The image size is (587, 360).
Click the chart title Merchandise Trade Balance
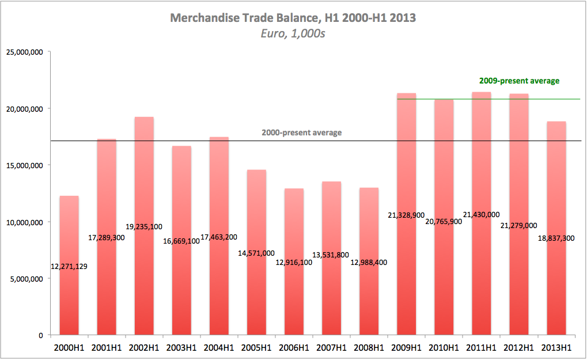[x=293, y=18]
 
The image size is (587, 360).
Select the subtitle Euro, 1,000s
[x=293, y=33]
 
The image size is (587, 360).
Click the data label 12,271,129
[x=69, y=266]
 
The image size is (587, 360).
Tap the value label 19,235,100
[x=144, y=227]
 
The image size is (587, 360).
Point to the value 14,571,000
[x=256, y=253]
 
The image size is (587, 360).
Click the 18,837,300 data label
[x=556, y=238]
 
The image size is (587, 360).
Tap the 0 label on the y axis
[x=41, y=335]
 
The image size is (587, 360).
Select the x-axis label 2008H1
[x=369, y=347]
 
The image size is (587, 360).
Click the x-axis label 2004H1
[x=219, y=347]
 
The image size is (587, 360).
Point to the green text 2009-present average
[x=519, y=81]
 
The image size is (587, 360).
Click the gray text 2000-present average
[x=301, y=132]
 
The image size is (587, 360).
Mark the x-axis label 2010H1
[x=444, y=347]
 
